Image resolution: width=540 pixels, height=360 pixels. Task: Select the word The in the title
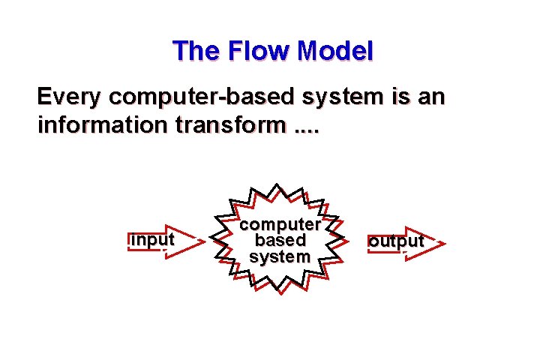pos(195,51)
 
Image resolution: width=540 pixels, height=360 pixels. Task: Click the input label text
pos(152,239)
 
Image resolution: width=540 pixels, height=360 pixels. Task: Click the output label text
pos(395,241)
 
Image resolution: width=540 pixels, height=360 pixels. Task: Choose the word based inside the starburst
pos(280,241)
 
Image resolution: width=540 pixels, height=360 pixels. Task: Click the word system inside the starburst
pos(280,256)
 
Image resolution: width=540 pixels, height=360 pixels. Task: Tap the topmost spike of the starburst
pos(277,184)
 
